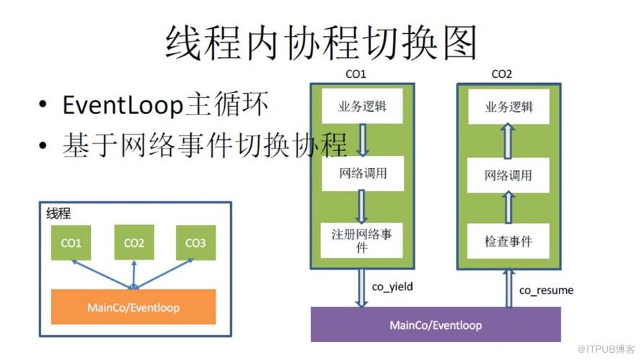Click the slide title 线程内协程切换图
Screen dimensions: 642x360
tap(322, 42)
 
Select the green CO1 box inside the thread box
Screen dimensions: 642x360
tap(71, 242)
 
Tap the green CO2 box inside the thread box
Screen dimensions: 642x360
tap(134, 242)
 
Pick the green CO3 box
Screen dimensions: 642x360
tap(195, 242)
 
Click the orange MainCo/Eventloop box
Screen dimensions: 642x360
tap(133, 307)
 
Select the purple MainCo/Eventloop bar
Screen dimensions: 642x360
tap(436, 325)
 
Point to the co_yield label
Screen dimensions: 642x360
tap(392, 286)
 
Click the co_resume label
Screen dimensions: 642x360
tap(546, 290)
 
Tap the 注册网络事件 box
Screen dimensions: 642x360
tap(361, 240)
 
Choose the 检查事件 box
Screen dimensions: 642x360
tap(508, 241)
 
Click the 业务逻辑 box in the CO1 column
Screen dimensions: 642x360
tap(362, 107)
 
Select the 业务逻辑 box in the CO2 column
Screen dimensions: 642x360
tap(509, 107)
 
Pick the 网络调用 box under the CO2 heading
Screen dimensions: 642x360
tap(508, 175)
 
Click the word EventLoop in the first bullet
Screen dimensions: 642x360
tap(123, 105)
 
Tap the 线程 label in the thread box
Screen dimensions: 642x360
tap(58, 214)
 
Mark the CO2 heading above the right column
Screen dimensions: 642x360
tap(501, 74)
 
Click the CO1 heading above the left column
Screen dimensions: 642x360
tap(356, 74)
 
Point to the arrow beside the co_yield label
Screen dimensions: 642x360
tap(361, 288)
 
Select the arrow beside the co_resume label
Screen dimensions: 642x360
tap(509, 288)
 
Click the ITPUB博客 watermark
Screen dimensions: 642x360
tap(606, 349)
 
